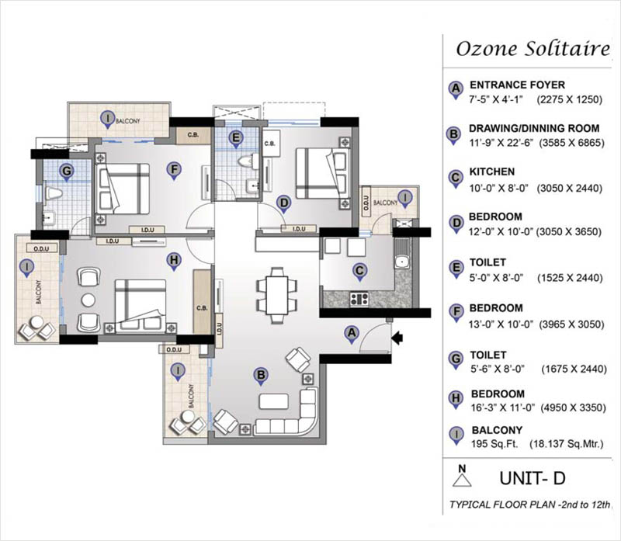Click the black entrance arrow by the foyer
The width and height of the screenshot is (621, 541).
[x=397, y=338]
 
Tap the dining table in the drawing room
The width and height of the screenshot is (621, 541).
[x=277, y=295]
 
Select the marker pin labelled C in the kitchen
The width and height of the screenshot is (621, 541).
[x=359, y=272]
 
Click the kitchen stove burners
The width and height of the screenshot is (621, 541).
[x=359, y=298]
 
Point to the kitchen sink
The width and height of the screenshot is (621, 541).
[x=402, y=262]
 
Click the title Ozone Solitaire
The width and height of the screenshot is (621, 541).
[x=533, y=49]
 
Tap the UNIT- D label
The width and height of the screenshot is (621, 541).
[x=533, y=478]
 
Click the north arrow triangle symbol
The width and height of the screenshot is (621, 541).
[x=462, y=480]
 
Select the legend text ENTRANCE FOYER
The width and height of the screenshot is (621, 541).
[x=517, y=85]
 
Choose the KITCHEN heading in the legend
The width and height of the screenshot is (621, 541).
[x=492, y=172]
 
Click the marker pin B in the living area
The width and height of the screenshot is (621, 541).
[x=261, y=376]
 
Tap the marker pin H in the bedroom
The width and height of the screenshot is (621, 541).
[x=173, y=262]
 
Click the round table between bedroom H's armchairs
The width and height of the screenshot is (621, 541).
[x=88, y=300]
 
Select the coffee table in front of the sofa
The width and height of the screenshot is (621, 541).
[x=274, y=401]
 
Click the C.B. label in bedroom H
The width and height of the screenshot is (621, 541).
[x=202, y=308]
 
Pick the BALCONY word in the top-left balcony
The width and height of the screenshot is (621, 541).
[x=128, y=120]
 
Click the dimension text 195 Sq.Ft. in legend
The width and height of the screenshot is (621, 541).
[x=494, y=444]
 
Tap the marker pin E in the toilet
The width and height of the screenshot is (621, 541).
[x=236, y=140]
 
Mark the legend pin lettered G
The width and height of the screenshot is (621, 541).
[x=456, y=360]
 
